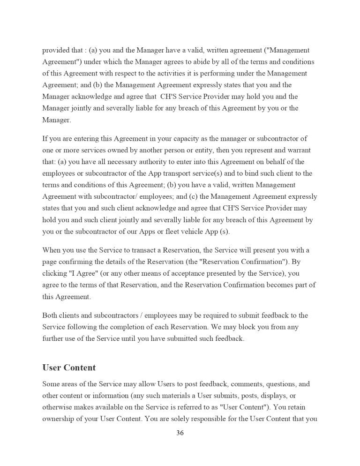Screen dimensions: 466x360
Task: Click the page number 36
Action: pos(180,433)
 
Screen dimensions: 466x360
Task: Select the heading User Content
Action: pos(69,367)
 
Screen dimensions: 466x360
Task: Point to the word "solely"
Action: pos(180,419)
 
